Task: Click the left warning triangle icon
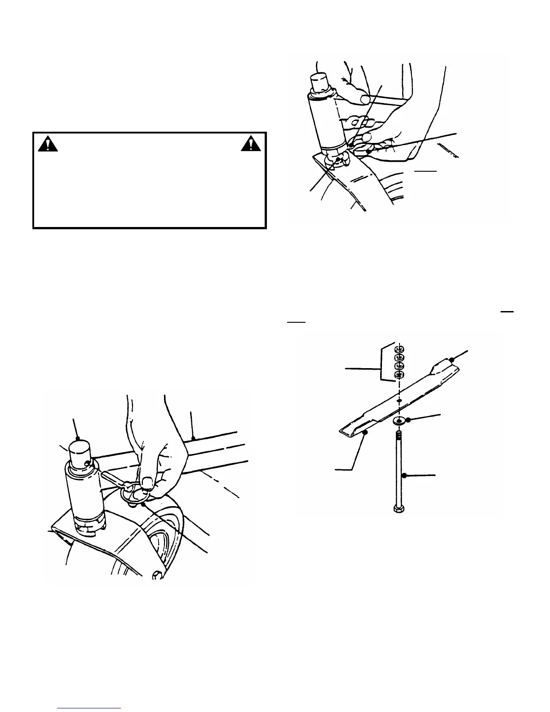48,143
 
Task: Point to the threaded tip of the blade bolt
398,434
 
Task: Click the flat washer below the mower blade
398,421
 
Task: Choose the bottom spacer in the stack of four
397,375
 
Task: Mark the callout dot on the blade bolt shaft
404,475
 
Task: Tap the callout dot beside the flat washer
408,419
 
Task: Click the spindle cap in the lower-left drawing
80,451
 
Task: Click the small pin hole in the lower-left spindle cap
86,458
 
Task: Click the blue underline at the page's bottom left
89,708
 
